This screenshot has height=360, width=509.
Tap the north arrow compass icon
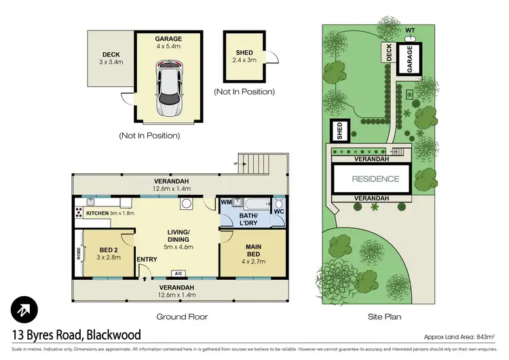pyautogui.click(x=24, y=310)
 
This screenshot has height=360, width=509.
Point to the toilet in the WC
pyautogui.click(x=278, y=205)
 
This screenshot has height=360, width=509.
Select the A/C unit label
pyautogui.click(x=178, y=274)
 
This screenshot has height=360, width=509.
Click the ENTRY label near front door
pyautogui.click(x=147, y=259)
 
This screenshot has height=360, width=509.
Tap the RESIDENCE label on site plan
pyautogui.click(x=375, y=179)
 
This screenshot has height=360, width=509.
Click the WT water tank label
pyautogui.click(x=409, y=31)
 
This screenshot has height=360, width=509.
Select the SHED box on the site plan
pyautogui.click(x=338, y=128)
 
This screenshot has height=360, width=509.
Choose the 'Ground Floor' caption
pyautogui.click(x=181, y=317)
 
